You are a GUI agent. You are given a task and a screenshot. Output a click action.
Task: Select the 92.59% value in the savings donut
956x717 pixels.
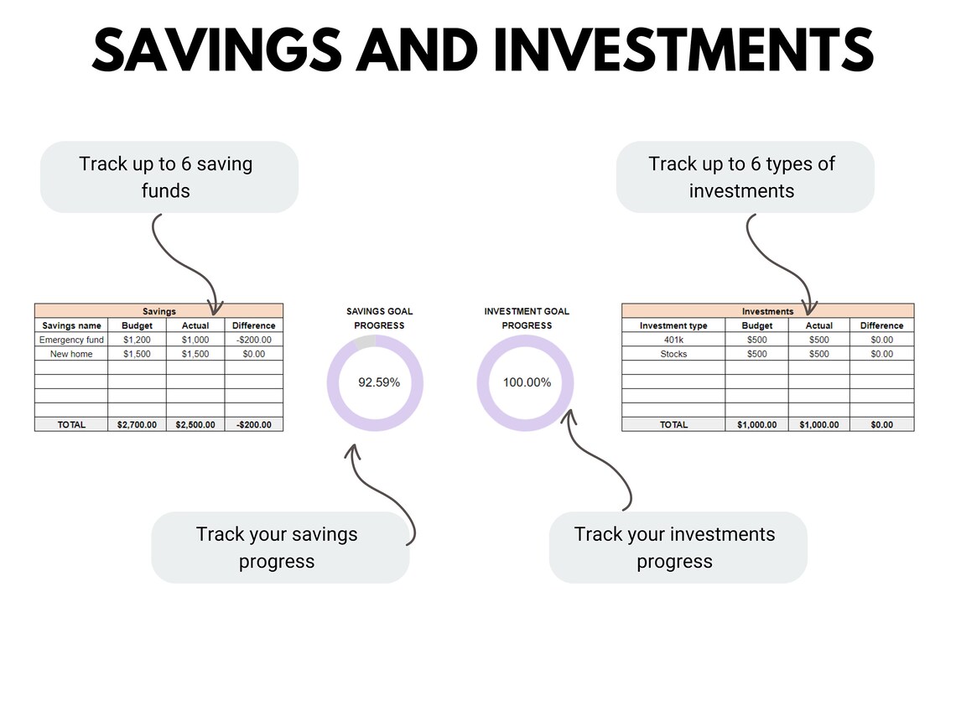pos(379,382)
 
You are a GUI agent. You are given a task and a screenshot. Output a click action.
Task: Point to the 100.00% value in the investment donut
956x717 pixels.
pos(527,382)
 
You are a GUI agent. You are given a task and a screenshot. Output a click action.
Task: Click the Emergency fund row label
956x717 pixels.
pos(71,340)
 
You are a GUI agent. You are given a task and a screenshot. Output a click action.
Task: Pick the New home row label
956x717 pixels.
pos(71,354)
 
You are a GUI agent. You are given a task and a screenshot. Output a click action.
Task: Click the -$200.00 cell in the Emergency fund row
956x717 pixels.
pos(253,340)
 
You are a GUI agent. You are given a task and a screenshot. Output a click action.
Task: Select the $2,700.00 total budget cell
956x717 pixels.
pos(137,424)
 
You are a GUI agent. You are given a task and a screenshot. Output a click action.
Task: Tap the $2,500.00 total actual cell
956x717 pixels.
pos(195,424)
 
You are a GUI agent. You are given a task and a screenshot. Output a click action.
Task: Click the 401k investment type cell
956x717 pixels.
pos(673,340)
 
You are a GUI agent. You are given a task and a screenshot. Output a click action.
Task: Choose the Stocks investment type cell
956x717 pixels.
pos(673,354)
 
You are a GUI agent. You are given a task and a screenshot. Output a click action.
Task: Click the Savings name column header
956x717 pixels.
pos(71,325)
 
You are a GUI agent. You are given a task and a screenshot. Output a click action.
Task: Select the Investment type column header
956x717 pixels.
pos(673,325)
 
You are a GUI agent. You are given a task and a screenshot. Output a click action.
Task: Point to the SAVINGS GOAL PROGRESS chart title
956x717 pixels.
pos(379,318)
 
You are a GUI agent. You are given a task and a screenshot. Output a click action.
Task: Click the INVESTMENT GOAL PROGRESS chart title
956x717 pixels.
pos(527,318)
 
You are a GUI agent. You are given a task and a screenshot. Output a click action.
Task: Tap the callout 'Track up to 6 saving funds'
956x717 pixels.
pos(169,177)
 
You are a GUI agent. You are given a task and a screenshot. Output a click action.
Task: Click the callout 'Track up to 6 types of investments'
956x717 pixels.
pos(745,177)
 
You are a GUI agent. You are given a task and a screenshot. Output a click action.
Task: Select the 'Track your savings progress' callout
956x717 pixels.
pos(279,548)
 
